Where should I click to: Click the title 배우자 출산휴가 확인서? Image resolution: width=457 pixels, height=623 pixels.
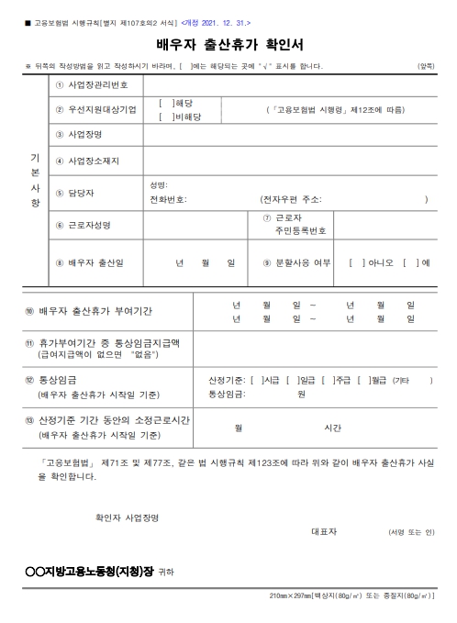click(228, 44)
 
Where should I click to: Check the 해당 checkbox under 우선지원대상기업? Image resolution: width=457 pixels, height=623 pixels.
click(164, 104)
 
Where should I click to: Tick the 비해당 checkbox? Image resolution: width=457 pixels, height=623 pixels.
click(164, 117)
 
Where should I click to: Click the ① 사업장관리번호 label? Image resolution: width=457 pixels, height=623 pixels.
click(94, 83)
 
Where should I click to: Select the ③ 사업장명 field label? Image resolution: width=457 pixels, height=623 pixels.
click(83, 135)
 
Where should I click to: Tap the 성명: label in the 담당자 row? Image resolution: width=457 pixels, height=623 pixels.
click(159, 185)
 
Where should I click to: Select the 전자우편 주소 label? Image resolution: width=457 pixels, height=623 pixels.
click(291, 198)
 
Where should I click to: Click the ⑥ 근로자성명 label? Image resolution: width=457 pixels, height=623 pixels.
click(88, 225)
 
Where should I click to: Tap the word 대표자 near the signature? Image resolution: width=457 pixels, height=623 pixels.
click(326, 531)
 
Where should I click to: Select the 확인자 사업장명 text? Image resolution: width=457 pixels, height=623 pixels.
click(127, 517)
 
